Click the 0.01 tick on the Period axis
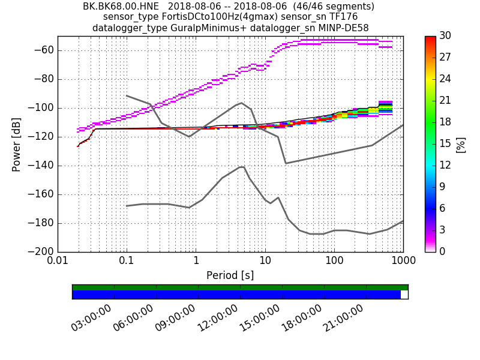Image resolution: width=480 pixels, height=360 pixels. (58, 262)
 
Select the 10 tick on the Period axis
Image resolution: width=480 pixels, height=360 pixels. (265, 262)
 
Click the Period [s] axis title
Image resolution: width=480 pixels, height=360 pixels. (230, 275)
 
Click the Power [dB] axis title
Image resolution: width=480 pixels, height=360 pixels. (17, 144)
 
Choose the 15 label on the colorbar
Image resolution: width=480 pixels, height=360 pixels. (445, 144)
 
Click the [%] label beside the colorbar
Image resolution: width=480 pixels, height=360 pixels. (461, 144)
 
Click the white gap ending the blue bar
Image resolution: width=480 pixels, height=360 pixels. (404, 295)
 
